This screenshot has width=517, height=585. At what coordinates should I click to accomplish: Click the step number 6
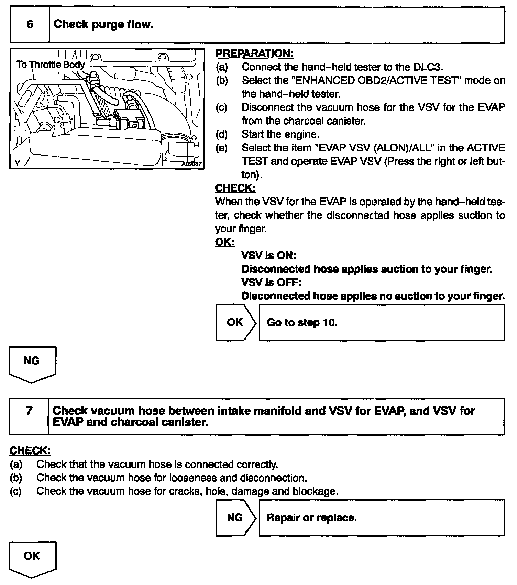click(30, 24)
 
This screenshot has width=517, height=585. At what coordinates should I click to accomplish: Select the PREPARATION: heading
click(254, 54)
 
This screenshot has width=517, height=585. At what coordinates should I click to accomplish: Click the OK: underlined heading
click(224, 242)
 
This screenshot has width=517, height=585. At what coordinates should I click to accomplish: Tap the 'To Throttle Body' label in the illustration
click(51, 65)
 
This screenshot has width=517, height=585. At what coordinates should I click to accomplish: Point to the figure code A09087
click(191, 164)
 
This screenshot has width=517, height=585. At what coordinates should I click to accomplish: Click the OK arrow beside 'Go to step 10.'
click(235, 322)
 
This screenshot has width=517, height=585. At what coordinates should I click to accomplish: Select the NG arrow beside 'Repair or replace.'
click(235, 517)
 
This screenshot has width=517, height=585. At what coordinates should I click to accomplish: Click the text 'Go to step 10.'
click(302, 323)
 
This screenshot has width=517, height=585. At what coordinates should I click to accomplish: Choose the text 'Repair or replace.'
click(312, 518)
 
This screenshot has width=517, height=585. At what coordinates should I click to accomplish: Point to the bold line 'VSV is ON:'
click(268, 255)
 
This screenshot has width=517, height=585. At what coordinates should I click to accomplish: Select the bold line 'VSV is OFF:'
click(271, 283)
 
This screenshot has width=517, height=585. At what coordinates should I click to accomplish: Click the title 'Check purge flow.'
click(103, 24)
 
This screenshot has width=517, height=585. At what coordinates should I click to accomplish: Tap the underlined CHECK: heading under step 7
click(30, 451)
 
